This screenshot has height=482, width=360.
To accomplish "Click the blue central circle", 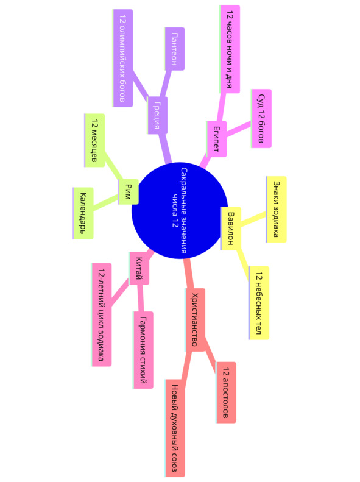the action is (x=180, y=211).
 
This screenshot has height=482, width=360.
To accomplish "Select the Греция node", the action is (x=157, y=115).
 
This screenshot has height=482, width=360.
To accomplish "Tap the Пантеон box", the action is (x=174, y=49).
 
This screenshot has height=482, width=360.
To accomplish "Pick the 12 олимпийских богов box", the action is (x=123, y=58).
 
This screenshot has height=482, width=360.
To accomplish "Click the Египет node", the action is (x=217, y=139).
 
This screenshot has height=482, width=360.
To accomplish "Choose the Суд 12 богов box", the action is (x=261, y=119).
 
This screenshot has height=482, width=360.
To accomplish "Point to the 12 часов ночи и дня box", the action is (x=230, y=49).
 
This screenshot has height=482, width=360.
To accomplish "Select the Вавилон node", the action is (x=231, y=229).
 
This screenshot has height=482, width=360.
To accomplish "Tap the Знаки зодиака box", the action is (x=277, y=210).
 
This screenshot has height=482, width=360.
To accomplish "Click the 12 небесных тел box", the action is (x=259, y=303).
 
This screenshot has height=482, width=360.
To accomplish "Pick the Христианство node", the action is (x=195, y=320).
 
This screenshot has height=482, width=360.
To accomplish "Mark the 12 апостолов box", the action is (x=226, y=392).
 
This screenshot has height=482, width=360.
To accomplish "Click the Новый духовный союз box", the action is (x=175, y=428).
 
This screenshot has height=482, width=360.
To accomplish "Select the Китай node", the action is (x=139, y=268).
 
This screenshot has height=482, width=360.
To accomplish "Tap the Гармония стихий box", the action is (x=143, y=350).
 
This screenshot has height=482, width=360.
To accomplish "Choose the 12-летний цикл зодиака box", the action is (x=101, y=315).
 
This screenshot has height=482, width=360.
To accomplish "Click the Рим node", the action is (x=129, y=192).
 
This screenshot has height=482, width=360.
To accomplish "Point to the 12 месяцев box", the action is (x=94, y=141).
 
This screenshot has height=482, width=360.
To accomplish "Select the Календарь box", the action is (x=83, y=213).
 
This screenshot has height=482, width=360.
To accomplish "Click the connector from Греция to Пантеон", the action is (x=166, y=83).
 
